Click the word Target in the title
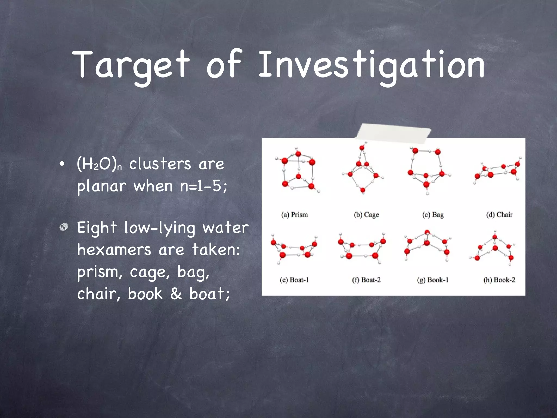pyautogui.click(x=131, y=65)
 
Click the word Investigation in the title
pyautogui.click(x=371, y=65)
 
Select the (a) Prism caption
pyautogui.click(x=295, y=215)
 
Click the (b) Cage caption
pyautogui.click(x=366, y=215)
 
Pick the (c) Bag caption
pyautogui.click(x=433, y=215)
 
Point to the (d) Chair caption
pyautogui.click(x=499, y=215)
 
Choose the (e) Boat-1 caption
pyautogui.click(x=294, y=280)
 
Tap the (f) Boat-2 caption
pyautogui.click(x=366, y=280)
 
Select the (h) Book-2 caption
pyautogui.click(x=499, y=280)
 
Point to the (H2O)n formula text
pyautogui.click(x=99, y=164)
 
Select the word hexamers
pyautogui.click(x=114, y=250)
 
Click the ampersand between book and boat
pyautogui.click(x=176, y=293)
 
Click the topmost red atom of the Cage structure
pyautogui.click(x=362, y=148)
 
